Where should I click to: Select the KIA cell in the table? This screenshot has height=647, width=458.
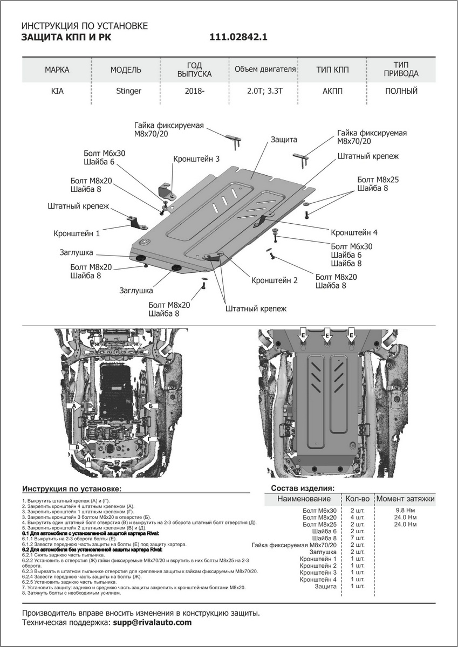coord(57,91)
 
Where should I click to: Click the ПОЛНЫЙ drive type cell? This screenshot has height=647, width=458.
coord(401,91)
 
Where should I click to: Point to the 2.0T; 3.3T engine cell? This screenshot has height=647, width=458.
coord(264,91)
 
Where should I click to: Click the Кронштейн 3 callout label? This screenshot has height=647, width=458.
coord(196,159)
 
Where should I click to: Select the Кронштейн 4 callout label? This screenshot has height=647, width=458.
coord(354,232)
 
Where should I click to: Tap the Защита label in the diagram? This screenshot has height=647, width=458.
coord(284,140)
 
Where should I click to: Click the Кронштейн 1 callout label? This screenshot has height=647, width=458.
coord(77,234)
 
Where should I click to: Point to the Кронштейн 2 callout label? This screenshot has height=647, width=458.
coord(274,280)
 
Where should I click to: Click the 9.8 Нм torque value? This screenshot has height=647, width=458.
coord(405,510)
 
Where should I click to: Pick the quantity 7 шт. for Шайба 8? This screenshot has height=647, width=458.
coord(358,538)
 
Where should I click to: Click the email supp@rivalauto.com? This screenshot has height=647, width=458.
coord(152,622)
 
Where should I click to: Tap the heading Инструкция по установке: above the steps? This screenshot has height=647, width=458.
coord(72,489)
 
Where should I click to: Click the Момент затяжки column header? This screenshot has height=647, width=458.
coord(405,499)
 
